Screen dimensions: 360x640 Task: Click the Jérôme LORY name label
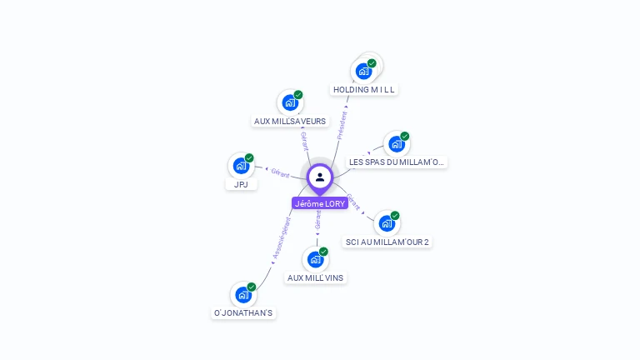pos(320,203)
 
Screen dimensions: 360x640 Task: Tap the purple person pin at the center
pos(320,177)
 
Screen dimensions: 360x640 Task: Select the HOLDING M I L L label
pos(364,89)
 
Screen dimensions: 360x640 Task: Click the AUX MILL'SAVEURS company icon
pos(289,102)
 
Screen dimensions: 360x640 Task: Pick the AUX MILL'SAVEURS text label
pos(290,121)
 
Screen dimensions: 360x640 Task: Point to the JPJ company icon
pos(241,165)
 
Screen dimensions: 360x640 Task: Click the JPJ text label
pos(241,184)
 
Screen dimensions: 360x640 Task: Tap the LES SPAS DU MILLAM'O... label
pos(397,162)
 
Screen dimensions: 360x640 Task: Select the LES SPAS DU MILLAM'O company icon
pos(397,143)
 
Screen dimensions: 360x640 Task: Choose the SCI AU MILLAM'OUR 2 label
pos(387,242)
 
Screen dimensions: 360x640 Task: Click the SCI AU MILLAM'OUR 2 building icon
pos(386,223)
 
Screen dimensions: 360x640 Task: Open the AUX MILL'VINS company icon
pos(315,259)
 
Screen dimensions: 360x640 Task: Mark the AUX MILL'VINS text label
pos(315,277)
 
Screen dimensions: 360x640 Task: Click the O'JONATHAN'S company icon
pos(242,294)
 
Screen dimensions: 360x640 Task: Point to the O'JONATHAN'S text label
pos(243,313)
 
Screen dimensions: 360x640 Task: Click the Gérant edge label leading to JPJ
pos(280,172)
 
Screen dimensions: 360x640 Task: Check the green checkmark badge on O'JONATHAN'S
pos(251,287)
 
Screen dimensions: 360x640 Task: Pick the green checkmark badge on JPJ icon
pos(249,157)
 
